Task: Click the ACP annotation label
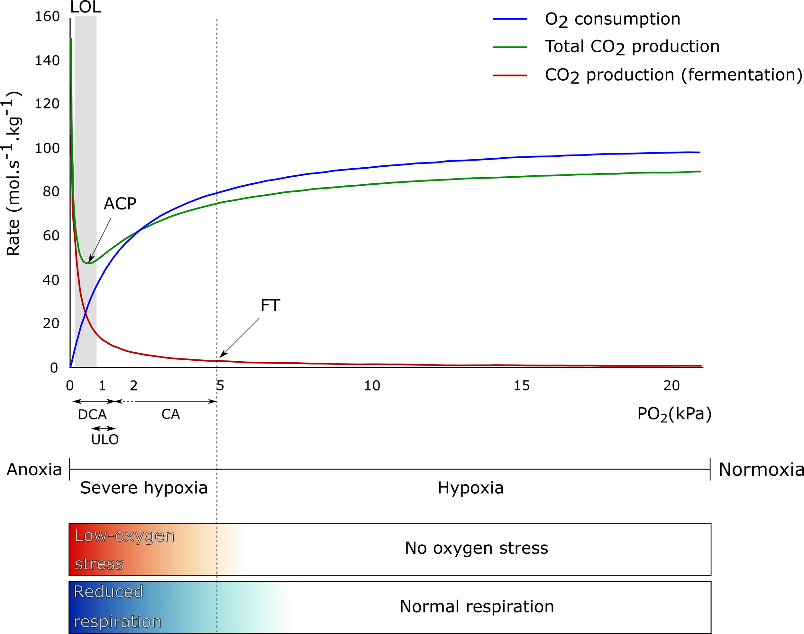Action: click(120, 204)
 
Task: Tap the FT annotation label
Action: click(270, 306)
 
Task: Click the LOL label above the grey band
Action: click(86, 7)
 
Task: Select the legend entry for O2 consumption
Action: click(612, 19)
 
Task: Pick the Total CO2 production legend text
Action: click(632, 47)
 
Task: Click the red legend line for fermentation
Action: click(510, 75)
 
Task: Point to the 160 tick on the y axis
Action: click(47, 17)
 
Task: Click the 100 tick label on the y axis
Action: click(47, 148)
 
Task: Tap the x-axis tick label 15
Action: click(522, 386)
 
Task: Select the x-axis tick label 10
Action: click(372, 386)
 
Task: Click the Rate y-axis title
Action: click(14, 173)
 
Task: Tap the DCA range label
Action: click(92, 415)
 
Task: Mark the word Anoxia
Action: click(34, 470)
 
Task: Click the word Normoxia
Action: click(761, 470)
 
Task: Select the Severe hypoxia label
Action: click(144, 488)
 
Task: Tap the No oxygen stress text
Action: click(476, 548)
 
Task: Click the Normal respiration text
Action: click(477, 606)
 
